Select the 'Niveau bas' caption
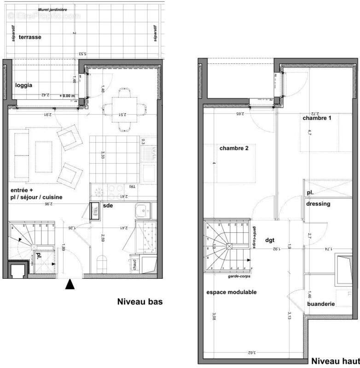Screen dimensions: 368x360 tap(140, 302)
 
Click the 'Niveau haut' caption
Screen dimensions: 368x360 tap(336, 361)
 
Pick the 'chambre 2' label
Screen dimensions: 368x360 tap(234, 148)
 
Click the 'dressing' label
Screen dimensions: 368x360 tap(318, 203)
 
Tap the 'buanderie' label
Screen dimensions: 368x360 tap(321, 304)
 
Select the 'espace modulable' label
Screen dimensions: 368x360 tap(231, 292)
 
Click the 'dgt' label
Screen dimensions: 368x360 tap(270, 240)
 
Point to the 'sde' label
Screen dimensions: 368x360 tap(108, 206)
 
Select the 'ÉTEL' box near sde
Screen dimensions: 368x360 tap(96, 211)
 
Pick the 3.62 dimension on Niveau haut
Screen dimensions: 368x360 tap(250, 352)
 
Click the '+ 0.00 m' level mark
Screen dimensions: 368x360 tap(68, 95)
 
